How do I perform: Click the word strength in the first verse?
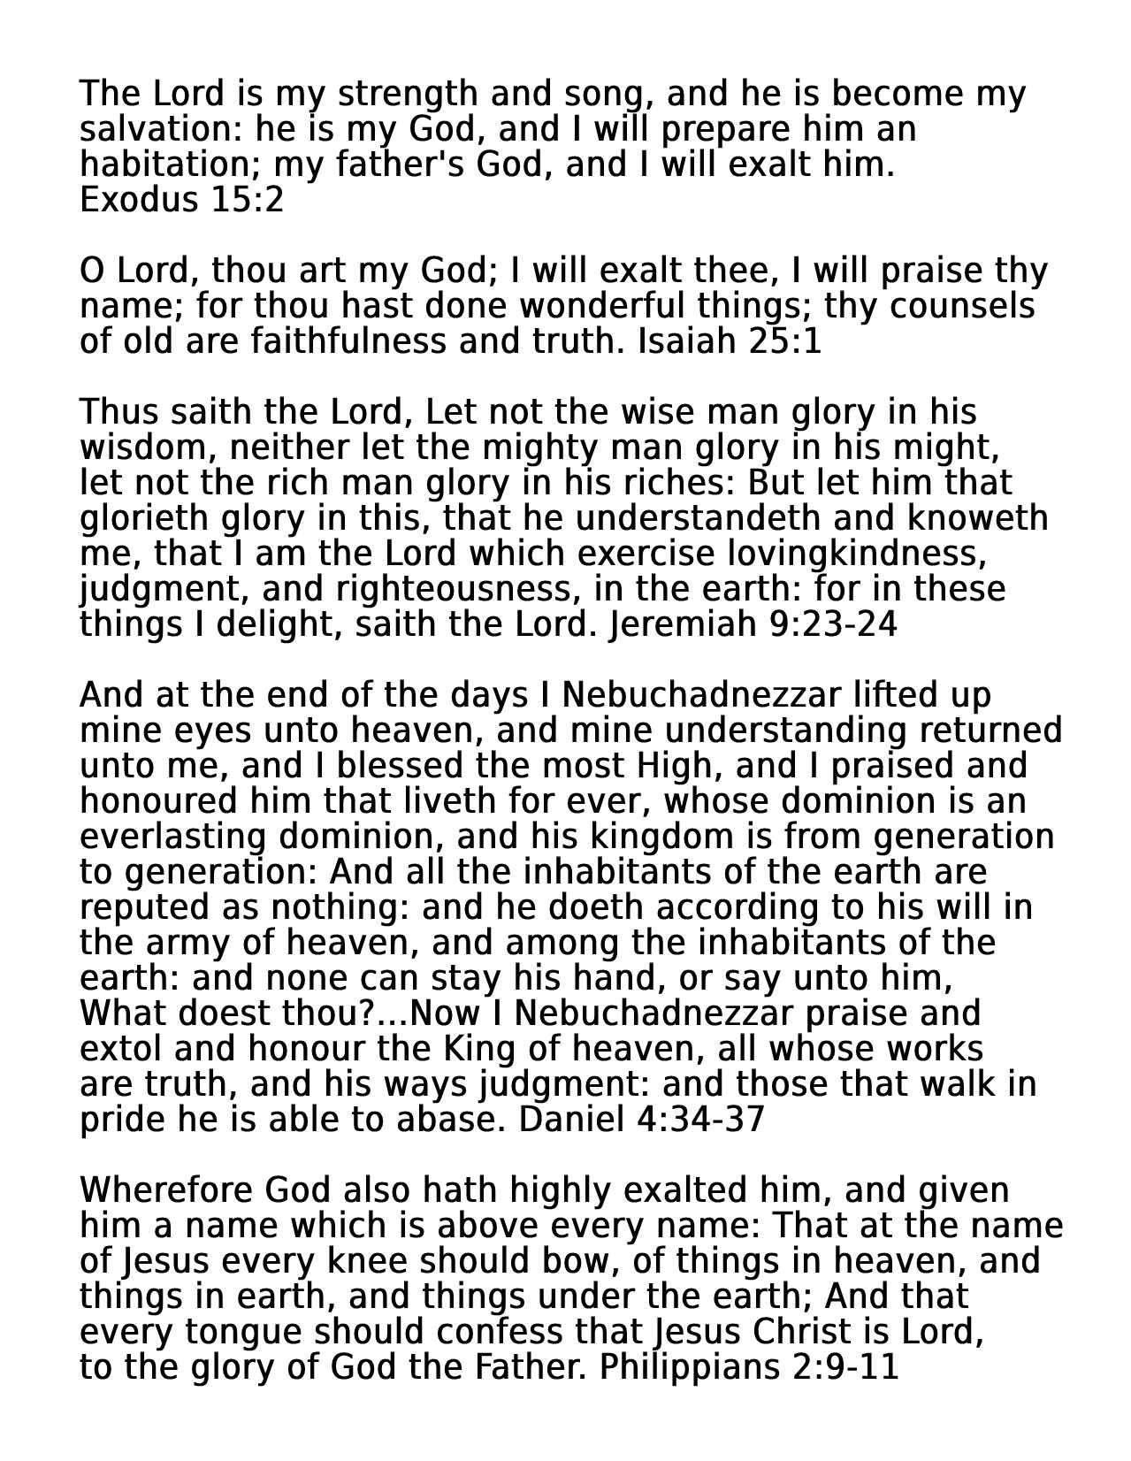pyautogui.click(x=406, y=94)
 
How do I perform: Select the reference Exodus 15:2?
pyautogui.click(x=181, y=200)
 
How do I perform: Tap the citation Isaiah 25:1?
pyautogui.click(x=730, y=341)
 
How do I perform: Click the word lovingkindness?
pyautogui.click(x=856, y=554)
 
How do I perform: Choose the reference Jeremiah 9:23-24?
pyautogui.click(x=753, y=624)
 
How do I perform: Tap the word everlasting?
pyautogui.click(x=173, y=837)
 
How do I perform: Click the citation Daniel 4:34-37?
pyautogui.click(x=641, y=1120)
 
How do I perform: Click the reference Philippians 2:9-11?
pyautogui.click(x=748, y=1367)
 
